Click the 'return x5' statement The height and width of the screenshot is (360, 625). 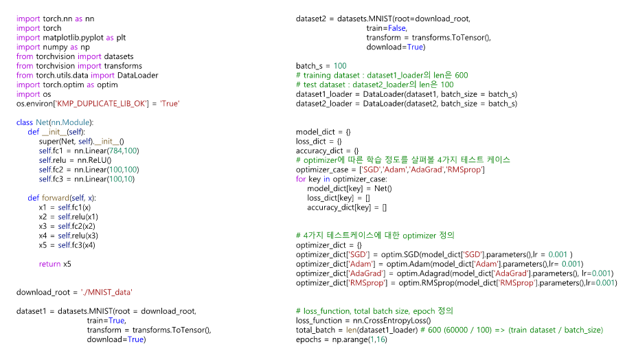55,264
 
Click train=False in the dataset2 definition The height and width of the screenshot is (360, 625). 386,28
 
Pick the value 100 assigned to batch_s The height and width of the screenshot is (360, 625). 340,66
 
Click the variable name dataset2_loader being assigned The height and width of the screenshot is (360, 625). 326,104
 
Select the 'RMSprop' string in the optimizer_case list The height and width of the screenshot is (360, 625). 466,169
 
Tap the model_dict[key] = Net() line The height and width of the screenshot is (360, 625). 349,188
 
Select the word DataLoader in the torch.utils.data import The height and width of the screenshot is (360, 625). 137,75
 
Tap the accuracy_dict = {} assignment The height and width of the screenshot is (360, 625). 328,150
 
